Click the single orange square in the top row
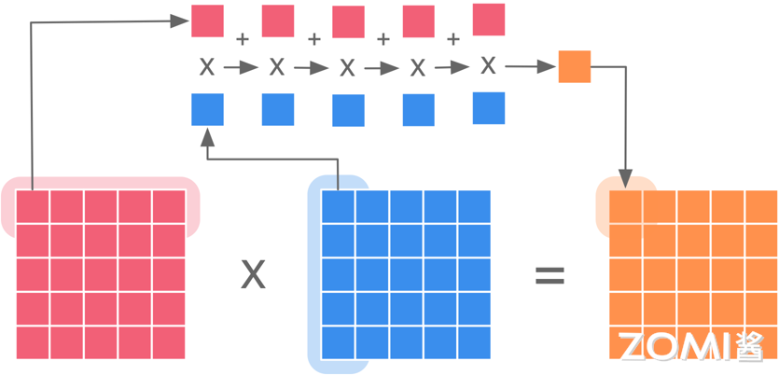(x=575, y=66)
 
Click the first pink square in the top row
(x=207, y=21)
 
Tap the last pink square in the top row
(x=489, y=21)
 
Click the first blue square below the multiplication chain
(x=207, y=109)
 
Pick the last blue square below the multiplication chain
(x=489, y=108)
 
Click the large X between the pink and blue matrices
(x=253, y=274)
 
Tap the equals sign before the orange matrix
(x=549, y=274)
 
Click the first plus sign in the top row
(x=243, y=39)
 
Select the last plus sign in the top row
(x=453, y=39)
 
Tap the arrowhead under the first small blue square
(x=207, y=134)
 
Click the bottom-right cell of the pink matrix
(x=169, y=342)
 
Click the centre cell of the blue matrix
(x=406, y=274)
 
